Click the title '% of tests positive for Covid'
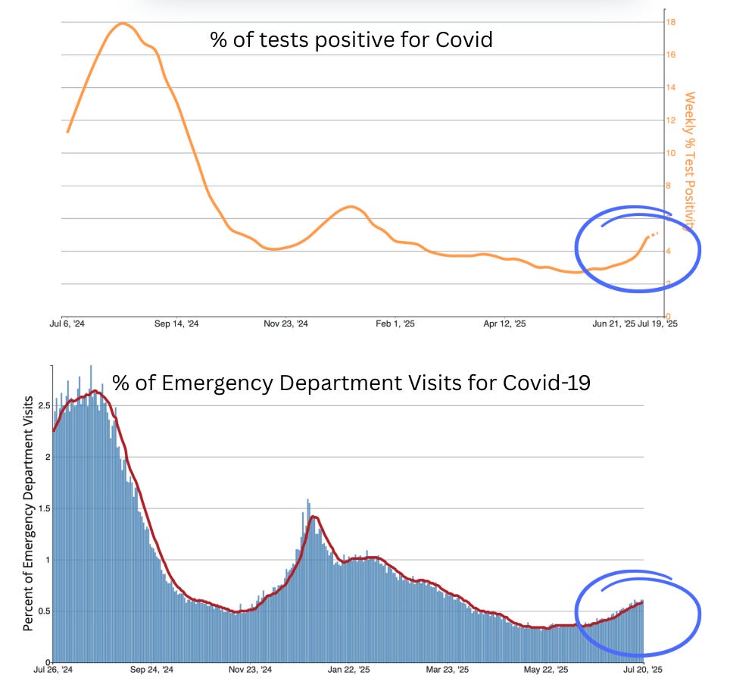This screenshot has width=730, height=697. tap(351, 39)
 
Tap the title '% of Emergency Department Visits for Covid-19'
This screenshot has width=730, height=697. tap(351, 383)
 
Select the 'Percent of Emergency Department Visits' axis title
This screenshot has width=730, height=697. tap(28, 513)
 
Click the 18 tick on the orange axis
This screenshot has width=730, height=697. tap(671, 22)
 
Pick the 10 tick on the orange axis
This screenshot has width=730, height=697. tap(671, 153)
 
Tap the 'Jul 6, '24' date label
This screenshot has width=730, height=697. tap(67, 323)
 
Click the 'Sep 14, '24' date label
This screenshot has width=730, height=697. tap(176, 323)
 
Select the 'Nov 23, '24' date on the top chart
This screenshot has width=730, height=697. tap(286, 323)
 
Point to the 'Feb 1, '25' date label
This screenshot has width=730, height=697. tap(396, 323)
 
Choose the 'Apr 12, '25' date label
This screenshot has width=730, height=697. tap(505, 323)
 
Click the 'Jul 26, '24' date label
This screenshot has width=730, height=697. tap(55, 670)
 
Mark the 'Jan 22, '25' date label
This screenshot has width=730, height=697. tap(348, 670)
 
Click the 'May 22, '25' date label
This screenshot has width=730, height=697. tap(544, 670)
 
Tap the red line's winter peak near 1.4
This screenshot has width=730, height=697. tap(314, 517)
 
